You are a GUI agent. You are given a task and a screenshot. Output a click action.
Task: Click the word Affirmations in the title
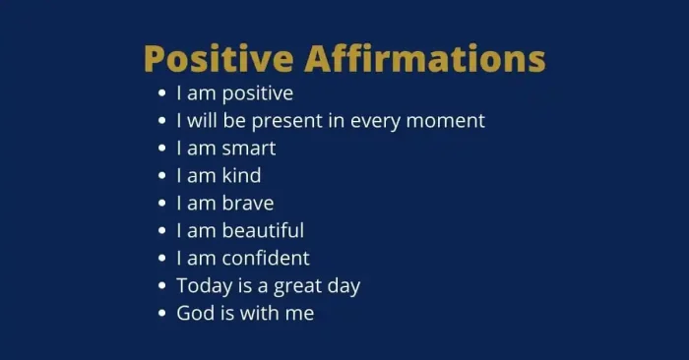point(424,58)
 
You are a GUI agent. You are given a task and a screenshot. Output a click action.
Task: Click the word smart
point(249,149)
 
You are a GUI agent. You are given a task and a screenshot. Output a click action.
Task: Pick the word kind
point(242,176)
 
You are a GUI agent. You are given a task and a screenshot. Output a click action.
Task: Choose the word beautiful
point(264,231)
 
